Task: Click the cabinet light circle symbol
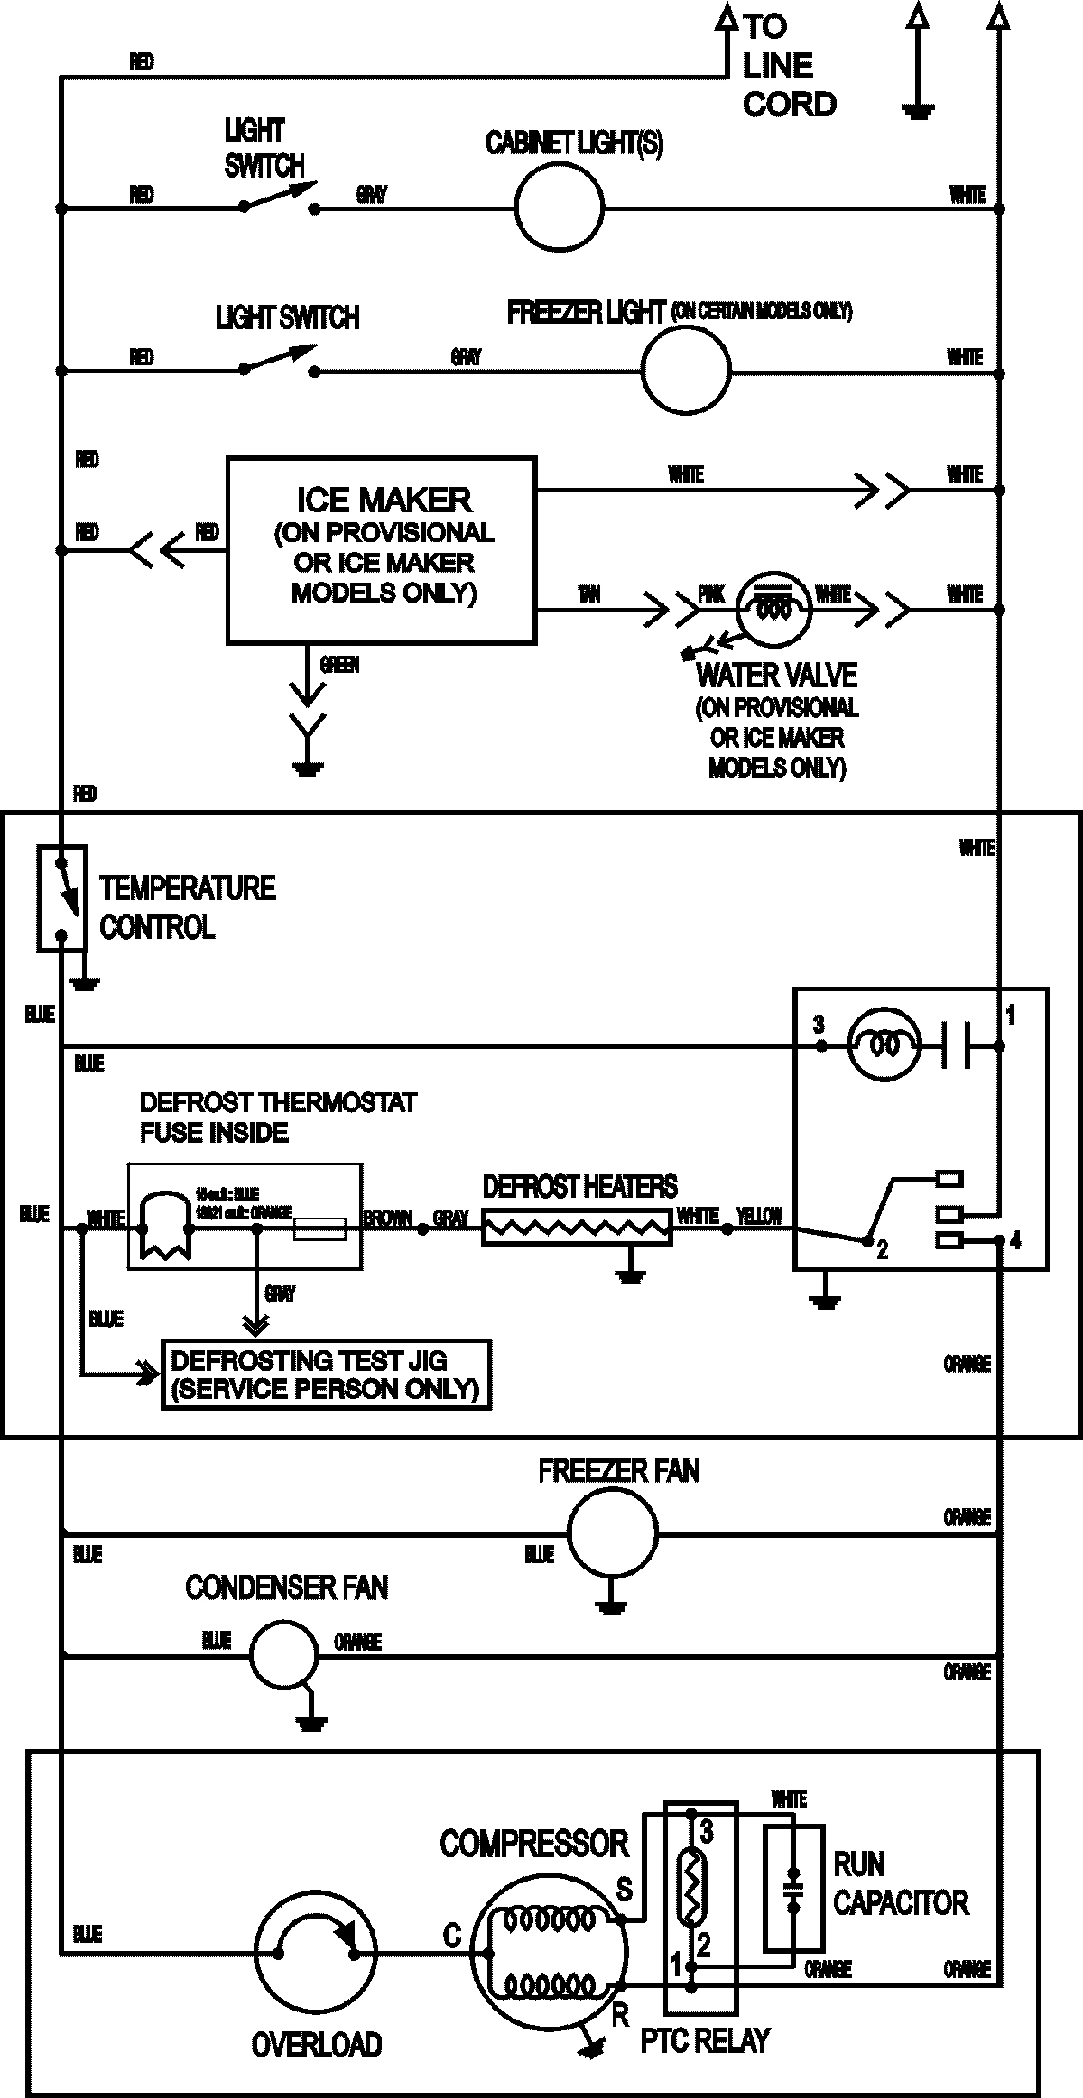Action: coord(559,207)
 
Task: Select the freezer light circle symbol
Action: coord(685,370)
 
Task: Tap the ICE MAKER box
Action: coord(381,550)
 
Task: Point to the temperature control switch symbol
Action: coord(61,897)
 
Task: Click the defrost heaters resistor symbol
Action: coord(577,1227)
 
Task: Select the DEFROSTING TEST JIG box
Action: coord(325,1375)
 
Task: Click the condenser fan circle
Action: coord(283,1655)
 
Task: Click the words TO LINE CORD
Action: coord(788,66)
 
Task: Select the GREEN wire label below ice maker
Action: coord(339,665)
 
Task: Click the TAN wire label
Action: coord(588,594)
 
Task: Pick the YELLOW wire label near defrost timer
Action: coord(759,1216)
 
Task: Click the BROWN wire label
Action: coord(387,1219)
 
